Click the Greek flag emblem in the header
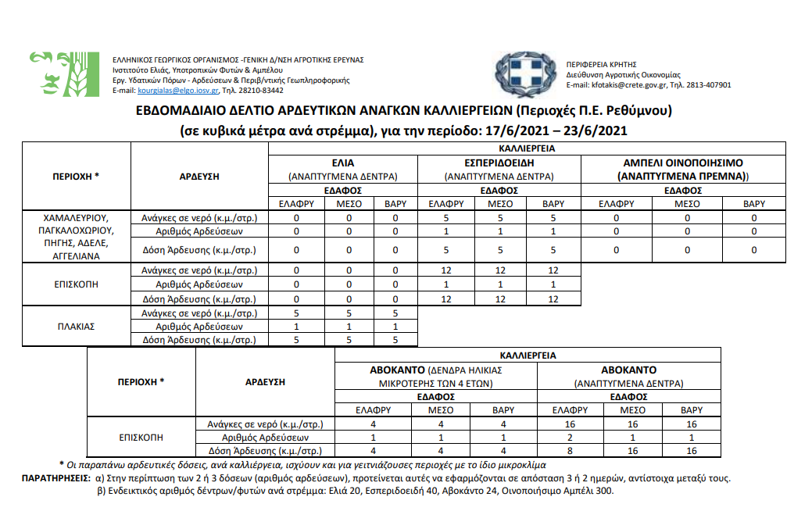pos(525,74)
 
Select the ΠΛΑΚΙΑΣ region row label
pos(77,327)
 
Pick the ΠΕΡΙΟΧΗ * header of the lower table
pos(141,382)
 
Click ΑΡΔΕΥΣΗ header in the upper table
pos(199,177)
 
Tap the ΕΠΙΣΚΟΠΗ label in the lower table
pos(141,438)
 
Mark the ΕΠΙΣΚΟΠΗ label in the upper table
pos(77,284)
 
